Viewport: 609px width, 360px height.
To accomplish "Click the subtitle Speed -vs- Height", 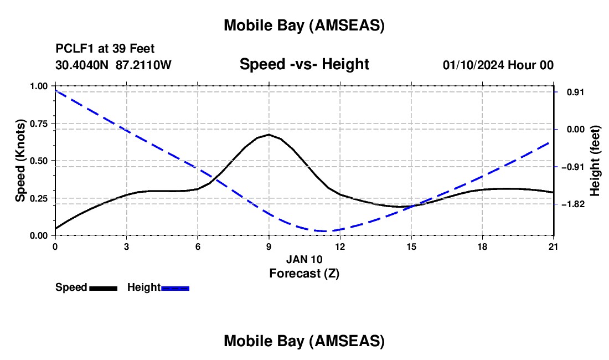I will click(304, 64).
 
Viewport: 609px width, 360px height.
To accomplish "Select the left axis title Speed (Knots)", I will click(20, 161).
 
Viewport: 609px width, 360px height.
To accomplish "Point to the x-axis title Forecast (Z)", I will click(304, 273).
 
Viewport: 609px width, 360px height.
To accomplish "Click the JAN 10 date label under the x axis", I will click(304, 259).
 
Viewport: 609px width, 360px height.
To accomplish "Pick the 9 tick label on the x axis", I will click(269, 246).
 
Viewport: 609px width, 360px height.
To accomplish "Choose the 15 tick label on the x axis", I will click(411, 246).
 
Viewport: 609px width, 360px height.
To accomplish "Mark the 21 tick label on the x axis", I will click(553, 246).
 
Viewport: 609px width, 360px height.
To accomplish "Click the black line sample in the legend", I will click(103, 288).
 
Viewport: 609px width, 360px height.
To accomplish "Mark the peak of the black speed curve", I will click(269, 135).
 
